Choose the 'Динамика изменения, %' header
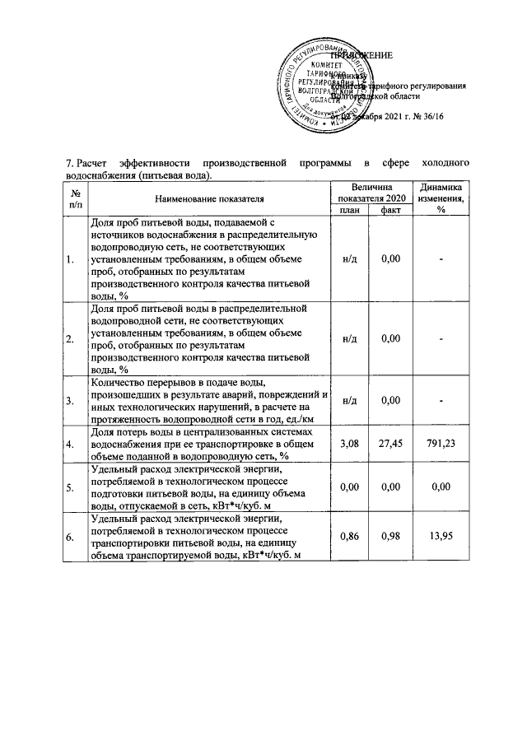[x=441, y=198]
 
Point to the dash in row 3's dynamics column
[x=441, y=400]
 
